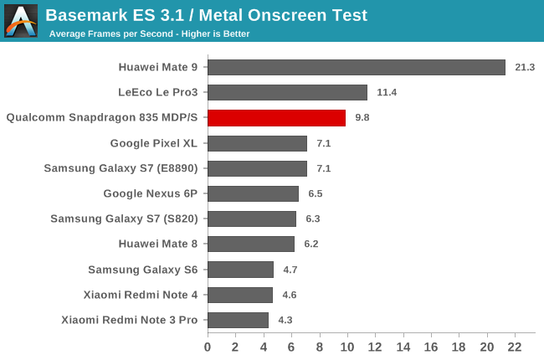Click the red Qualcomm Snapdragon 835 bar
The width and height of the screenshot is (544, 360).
(276, 118)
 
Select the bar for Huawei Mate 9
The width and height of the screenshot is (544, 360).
(357, 67)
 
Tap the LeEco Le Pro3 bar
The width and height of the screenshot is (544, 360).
(287, 92)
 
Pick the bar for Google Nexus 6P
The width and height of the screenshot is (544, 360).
(253, 193)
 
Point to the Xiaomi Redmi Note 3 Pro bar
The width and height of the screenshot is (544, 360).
(238, 320)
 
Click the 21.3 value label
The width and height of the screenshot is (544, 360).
(526, 67)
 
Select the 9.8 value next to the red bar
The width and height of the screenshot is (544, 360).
(362, 118)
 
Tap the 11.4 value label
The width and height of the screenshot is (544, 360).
(387, 92)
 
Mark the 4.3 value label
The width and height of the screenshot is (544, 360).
(285, 320)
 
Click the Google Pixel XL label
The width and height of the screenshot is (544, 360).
(153, 143)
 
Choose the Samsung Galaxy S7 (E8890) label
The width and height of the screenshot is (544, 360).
(121, 168)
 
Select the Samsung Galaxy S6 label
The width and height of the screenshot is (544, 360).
(142, 269)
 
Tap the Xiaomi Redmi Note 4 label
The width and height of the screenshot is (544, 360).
(141, 295)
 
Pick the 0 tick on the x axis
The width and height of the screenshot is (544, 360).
(208, 347)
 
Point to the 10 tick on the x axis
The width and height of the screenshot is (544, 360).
(347, 347)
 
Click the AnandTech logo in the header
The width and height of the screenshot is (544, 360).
(20, 20)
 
